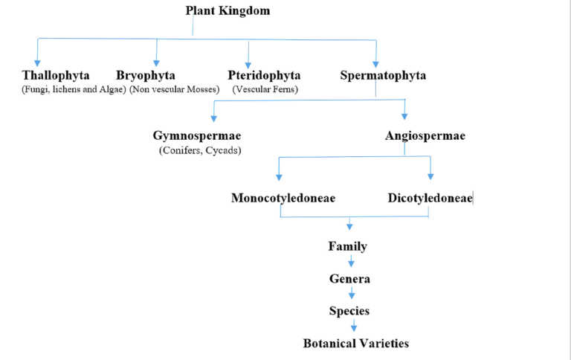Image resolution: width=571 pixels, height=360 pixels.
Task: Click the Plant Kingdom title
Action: [x=228, y=10]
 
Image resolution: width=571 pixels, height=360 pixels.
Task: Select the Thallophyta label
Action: [x=56, y=75]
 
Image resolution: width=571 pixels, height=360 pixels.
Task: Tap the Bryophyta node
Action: [x=146, y=75]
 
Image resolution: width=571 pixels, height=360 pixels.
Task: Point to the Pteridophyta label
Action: [x=264, y=75]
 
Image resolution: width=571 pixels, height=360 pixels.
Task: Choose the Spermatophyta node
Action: [x=383, y=75]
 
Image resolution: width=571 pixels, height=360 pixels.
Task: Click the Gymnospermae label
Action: [x=196, y=135]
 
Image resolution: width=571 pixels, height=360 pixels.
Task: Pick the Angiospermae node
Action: [x=425, y=135]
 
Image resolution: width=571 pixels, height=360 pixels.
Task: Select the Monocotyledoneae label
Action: [x=283, y=198]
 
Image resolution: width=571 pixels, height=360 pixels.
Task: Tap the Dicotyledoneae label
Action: [x=430, y=198]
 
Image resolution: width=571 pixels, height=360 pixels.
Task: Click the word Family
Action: [x=348, y=246]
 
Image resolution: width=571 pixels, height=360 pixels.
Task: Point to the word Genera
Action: [x=350, y=279]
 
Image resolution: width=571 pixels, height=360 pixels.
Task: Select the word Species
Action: [x=349, y=311]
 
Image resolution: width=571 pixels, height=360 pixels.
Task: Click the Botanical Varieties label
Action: [x=356, y=343]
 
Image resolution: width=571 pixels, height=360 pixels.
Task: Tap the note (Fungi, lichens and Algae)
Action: [x=74, y=89]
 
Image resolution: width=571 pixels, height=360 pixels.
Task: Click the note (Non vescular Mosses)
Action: [x=175, y=89]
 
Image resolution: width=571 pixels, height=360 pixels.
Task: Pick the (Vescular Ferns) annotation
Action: [x=265, y=89]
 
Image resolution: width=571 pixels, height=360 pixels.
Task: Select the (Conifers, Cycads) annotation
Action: [x=200, y=150]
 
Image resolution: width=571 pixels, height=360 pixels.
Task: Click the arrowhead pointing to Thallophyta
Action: [x=37, y=63]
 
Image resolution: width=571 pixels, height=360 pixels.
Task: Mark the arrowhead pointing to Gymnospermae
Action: [x=214, y=118]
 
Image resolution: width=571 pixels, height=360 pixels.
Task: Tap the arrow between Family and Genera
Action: [x=351, y=261]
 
